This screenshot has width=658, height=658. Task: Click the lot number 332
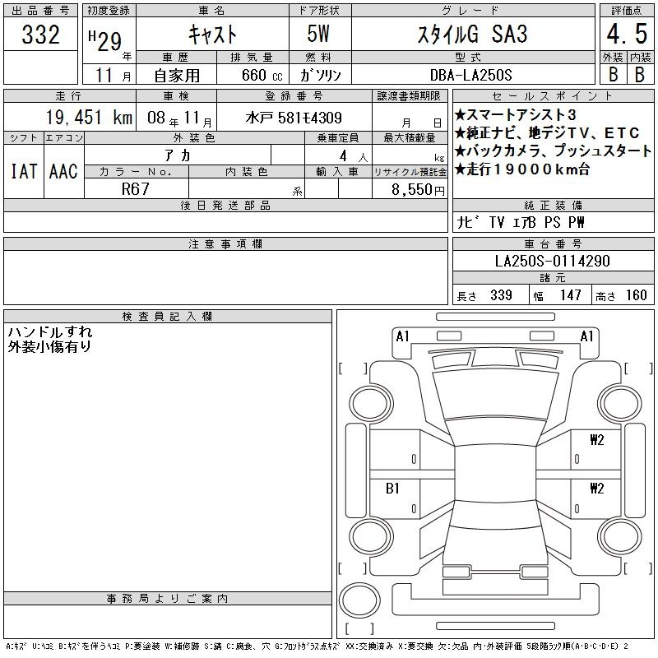click(x=40, y=35)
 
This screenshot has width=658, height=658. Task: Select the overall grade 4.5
click(x=627, y=34)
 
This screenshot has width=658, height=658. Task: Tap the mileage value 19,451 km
click(x=89, y=118)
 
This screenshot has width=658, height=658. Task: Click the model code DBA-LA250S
click(x=470, y=75)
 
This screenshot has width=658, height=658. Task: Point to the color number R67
click(x=135, y=189)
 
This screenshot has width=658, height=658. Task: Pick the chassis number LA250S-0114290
click(x=552, y=261)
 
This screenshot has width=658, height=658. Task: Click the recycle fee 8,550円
click(x=418, y=190)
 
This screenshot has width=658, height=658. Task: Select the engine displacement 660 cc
click(x=262, y=75)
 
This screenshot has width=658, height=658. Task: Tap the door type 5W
click(x=318, y=34)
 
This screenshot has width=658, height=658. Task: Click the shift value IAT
click(x=24, y=171)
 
